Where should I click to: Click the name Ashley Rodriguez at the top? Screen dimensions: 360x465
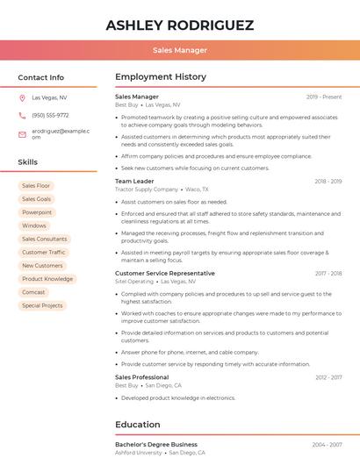(x=180, y=25)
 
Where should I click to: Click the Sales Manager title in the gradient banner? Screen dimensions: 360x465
(x=180, y=50)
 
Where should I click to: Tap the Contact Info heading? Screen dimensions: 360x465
(x=41, y=77)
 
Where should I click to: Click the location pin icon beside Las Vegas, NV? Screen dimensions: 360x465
(x=22, y=98)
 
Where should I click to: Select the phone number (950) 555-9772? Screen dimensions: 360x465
(x=50, y=115)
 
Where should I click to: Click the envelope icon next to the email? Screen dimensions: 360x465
(x=22, y=132)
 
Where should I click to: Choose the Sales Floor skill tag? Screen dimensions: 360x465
(x=36, y=186)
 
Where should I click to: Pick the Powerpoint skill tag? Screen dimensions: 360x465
(x=37, y=212)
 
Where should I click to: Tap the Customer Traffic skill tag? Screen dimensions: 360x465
(x=44, y=253)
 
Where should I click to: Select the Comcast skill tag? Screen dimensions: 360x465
(x=34, y=292)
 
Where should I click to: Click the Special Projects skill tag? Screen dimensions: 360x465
(x=42, y=305)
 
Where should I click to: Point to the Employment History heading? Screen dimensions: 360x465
(x=161, y=77)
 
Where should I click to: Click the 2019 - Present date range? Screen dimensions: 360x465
(x=324, y=97)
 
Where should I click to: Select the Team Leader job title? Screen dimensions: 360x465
(x=134, y=181)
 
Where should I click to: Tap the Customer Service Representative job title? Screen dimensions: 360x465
(x=165, y=273)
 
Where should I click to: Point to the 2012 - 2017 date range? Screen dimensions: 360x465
(x=328, y=377)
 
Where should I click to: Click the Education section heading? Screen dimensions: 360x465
(x=138, y=425)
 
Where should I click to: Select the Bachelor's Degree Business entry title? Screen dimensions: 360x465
(x=156, y=445)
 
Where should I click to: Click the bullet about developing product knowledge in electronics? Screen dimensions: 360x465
(x=178, y=397)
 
